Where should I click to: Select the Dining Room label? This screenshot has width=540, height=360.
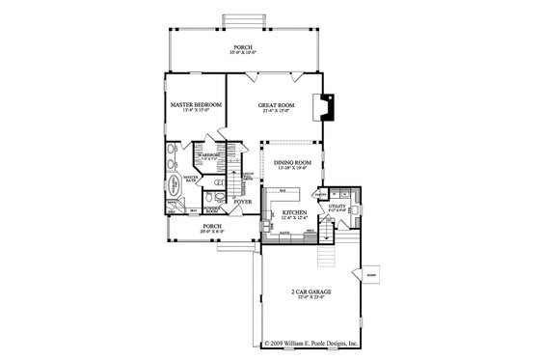(290, 163)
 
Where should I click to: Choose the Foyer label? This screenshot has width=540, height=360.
(243, 202)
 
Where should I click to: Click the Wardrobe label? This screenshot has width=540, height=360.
(209, 154)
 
